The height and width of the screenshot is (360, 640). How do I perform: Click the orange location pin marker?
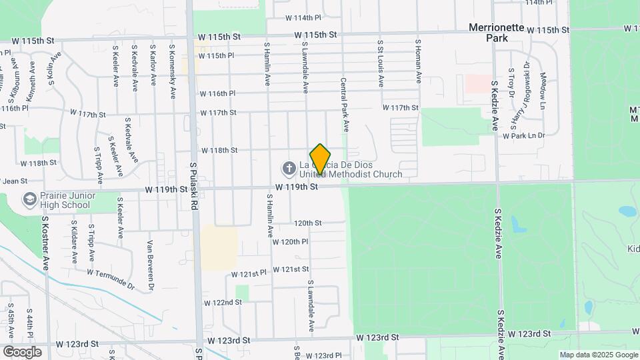click(x=320, y=159)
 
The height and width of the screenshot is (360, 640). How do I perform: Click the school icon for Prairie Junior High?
click(x=29, y=199)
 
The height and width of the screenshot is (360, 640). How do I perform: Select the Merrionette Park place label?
click(x=498, y=33)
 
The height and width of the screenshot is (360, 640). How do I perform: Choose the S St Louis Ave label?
click(x=381, y=63)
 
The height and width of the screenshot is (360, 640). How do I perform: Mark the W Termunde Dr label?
click(x=111, y=279)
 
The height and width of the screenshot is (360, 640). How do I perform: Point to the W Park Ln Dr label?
click(x=524, y=135)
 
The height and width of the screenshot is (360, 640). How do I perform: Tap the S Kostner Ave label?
click(x=46, y=242)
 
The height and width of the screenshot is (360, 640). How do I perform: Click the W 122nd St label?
click(x=222, y=302)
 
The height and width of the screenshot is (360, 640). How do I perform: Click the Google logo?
click(x=23, y=351)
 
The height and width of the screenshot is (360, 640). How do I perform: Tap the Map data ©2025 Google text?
click(x=598, y=355)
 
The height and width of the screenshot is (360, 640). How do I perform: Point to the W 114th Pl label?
click(x=303, y=17)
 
